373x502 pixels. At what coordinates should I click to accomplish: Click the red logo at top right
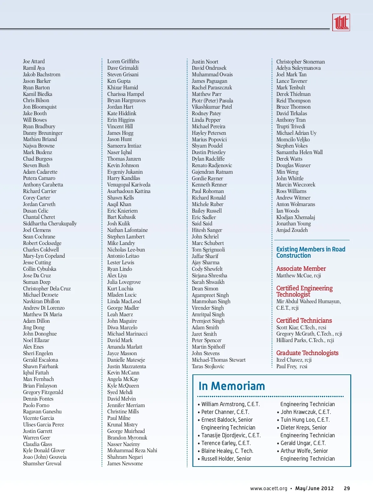click(x=341, y=22)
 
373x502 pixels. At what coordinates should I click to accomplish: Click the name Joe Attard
click(x=34, y=61)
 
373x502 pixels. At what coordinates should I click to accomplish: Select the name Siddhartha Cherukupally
click(x=50, y=223)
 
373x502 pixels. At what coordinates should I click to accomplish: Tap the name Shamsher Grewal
click(x=42, y=463)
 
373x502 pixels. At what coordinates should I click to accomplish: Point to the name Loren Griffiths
click(x=123, y=61)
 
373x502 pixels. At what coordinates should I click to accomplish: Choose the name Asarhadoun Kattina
click(x=129, y=191)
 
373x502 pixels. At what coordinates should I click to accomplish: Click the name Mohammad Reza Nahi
click(x=132, y=450)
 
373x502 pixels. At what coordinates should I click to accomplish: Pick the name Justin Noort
click(x=205, y=62)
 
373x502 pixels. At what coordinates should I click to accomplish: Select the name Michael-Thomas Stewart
click(x=219, y=360)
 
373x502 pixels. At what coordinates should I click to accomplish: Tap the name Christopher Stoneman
click(x=301, y=62)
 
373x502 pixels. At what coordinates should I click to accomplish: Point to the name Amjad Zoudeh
click(x=292, y=230)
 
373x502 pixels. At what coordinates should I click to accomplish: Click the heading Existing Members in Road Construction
click(x=311, y=252)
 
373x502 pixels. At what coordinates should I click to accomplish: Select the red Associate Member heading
click(x=301, y=269)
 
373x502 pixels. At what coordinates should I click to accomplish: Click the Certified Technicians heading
click(x=304, y=321)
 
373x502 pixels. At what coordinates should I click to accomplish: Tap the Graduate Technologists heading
click(x=307, y=353)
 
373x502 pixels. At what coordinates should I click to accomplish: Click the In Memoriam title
click(x=232, y=386)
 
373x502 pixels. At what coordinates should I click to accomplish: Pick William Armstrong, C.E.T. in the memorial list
click(x=230, y=404)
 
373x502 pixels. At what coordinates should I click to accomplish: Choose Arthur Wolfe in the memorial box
click(x=304, y=451)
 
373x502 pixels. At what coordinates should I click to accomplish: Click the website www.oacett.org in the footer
click(x=269, y=489)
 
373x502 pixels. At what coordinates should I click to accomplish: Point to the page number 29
click(x=347, y=489)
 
